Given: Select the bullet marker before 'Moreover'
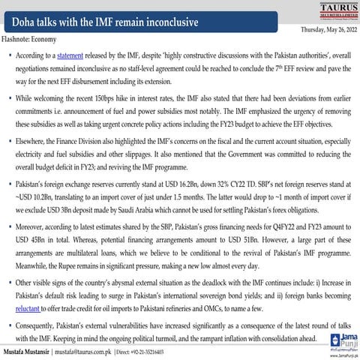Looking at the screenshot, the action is pos(9,224).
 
